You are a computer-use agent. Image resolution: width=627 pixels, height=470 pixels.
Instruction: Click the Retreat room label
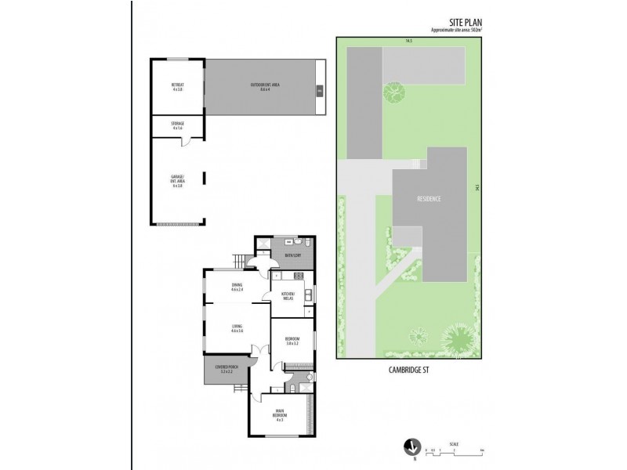177,86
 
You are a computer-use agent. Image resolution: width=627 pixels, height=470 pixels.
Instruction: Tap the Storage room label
177,125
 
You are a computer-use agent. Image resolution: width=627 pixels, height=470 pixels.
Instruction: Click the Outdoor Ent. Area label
260,85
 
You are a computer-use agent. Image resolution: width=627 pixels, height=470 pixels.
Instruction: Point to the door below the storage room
185,141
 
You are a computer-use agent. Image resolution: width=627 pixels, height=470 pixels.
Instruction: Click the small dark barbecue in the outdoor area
319,91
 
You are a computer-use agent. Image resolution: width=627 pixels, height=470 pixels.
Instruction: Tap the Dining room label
237,287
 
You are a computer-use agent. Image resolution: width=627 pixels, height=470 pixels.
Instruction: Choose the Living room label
237,328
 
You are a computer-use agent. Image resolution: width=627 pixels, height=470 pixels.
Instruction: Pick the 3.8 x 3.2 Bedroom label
293,341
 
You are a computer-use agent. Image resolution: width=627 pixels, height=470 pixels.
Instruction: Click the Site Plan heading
458,23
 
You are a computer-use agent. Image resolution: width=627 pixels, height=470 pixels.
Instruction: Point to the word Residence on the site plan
429,199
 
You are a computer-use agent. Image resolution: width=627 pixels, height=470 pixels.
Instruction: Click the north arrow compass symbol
408,446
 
